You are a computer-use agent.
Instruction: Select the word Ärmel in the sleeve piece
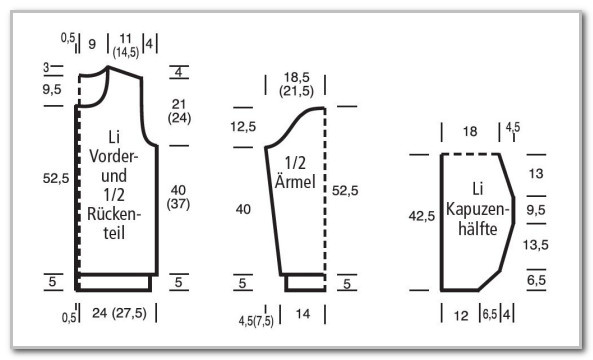[x=295, y=182]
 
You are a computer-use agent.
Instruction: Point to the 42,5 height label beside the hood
[x=422, y=216]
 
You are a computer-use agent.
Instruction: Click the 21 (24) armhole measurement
[x=179, y=111]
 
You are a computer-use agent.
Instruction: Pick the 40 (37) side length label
[x=179, y=197]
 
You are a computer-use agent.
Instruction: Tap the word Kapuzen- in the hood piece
[x=478, y=209]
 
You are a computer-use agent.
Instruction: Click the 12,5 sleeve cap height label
[x=243, y=127]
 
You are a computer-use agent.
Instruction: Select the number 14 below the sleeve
[x=303, y=314]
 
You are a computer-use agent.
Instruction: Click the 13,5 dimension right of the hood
[x=536, y=245]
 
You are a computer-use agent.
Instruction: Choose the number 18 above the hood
[x=470, y=132]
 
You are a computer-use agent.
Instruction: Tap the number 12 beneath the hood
[x=461, y=315]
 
